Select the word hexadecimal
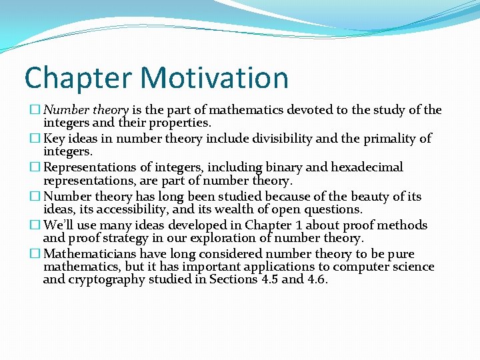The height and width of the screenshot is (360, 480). (x=363, y=167)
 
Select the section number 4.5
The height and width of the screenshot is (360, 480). (x=268, y=279)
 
